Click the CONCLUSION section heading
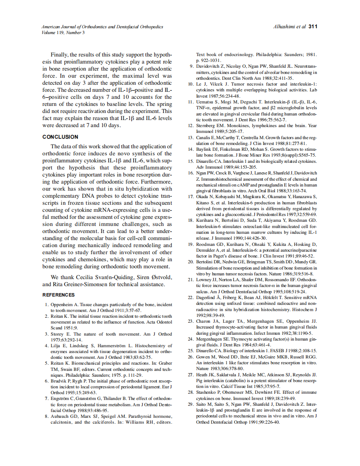[60, 137]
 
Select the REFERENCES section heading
[59, 295]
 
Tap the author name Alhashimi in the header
[284, 27]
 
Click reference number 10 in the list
[191, 83]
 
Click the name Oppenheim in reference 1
[63, 305]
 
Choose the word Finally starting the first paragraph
[60, 54]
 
